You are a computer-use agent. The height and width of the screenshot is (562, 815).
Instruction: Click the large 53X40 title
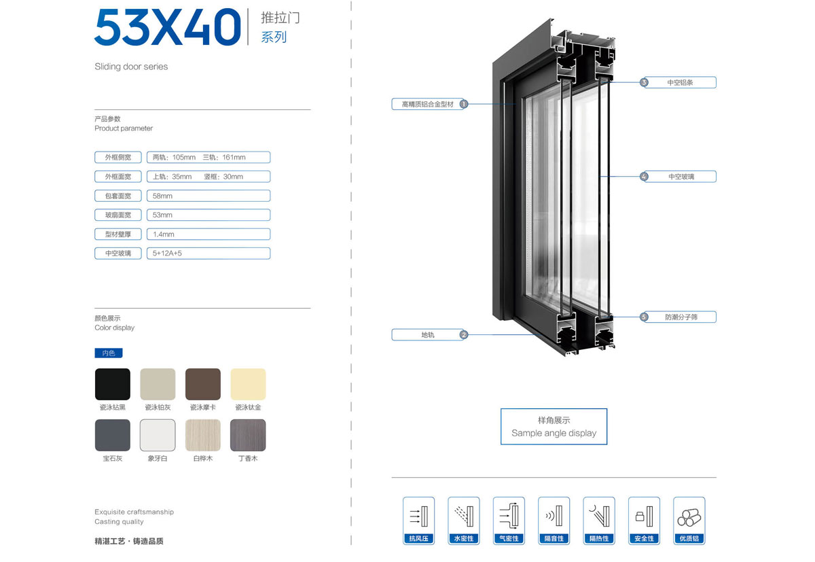[x=168, y=27]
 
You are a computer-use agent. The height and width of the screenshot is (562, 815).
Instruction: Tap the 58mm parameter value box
[x=209, y=196]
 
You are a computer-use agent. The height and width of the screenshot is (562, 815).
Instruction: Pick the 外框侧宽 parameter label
[x=118, y=157]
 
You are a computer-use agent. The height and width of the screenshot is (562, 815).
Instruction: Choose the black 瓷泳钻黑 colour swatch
[x=113, y=384]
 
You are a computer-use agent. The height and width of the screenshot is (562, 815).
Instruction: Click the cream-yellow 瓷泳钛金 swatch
[x=248, y=384]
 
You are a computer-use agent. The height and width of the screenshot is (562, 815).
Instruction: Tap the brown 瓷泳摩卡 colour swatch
[x=202, y=384]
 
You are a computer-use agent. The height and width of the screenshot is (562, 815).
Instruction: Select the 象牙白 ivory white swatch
[x=158, y=435]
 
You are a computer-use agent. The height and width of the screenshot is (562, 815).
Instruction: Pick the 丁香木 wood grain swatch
[x=248, y=435]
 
